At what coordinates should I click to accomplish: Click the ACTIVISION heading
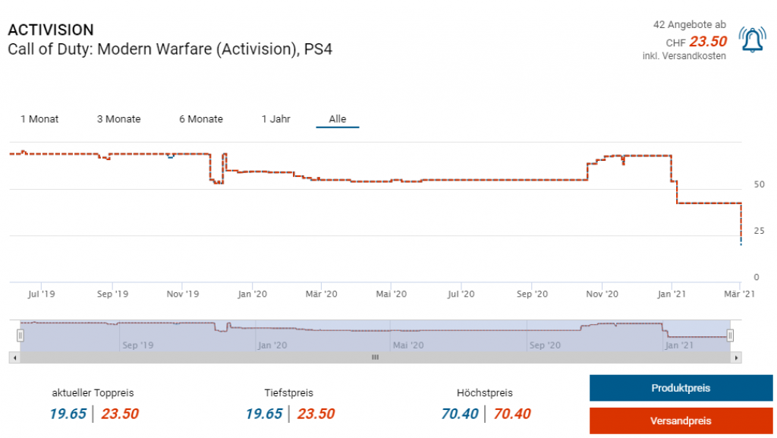click(51, 30)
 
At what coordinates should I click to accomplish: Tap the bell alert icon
click(752, 39)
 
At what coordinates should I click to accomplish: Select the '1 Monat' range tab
click(39, 119)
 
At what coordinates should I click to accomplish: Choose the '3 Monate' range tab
click(118, 119)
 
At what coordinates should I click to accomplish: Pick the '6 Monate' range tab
click(201, 119)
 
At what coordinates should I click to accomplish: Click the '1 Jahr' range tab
click(275, 119)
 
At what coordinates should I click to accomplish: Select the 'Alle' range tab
click(338, 119)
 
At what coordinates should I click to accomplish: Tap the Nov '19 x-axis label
click(182, 294)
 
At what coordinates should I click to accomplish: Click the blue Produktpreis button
click(681, 388)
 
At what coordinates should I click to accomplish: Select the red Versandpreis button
click(681, 421)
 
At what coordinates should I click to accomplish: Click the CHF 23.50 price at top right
click(707, 42)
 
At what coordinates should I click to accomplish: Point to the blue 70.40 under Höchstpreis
click(460, 414)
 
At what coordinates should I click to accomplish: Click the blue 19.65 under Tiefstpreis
click(264, 414)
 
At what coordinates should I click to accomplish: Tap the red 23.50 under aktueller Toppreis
click(120, 414)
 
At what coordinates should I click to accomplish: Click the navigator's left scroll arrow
click(13, 357)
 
